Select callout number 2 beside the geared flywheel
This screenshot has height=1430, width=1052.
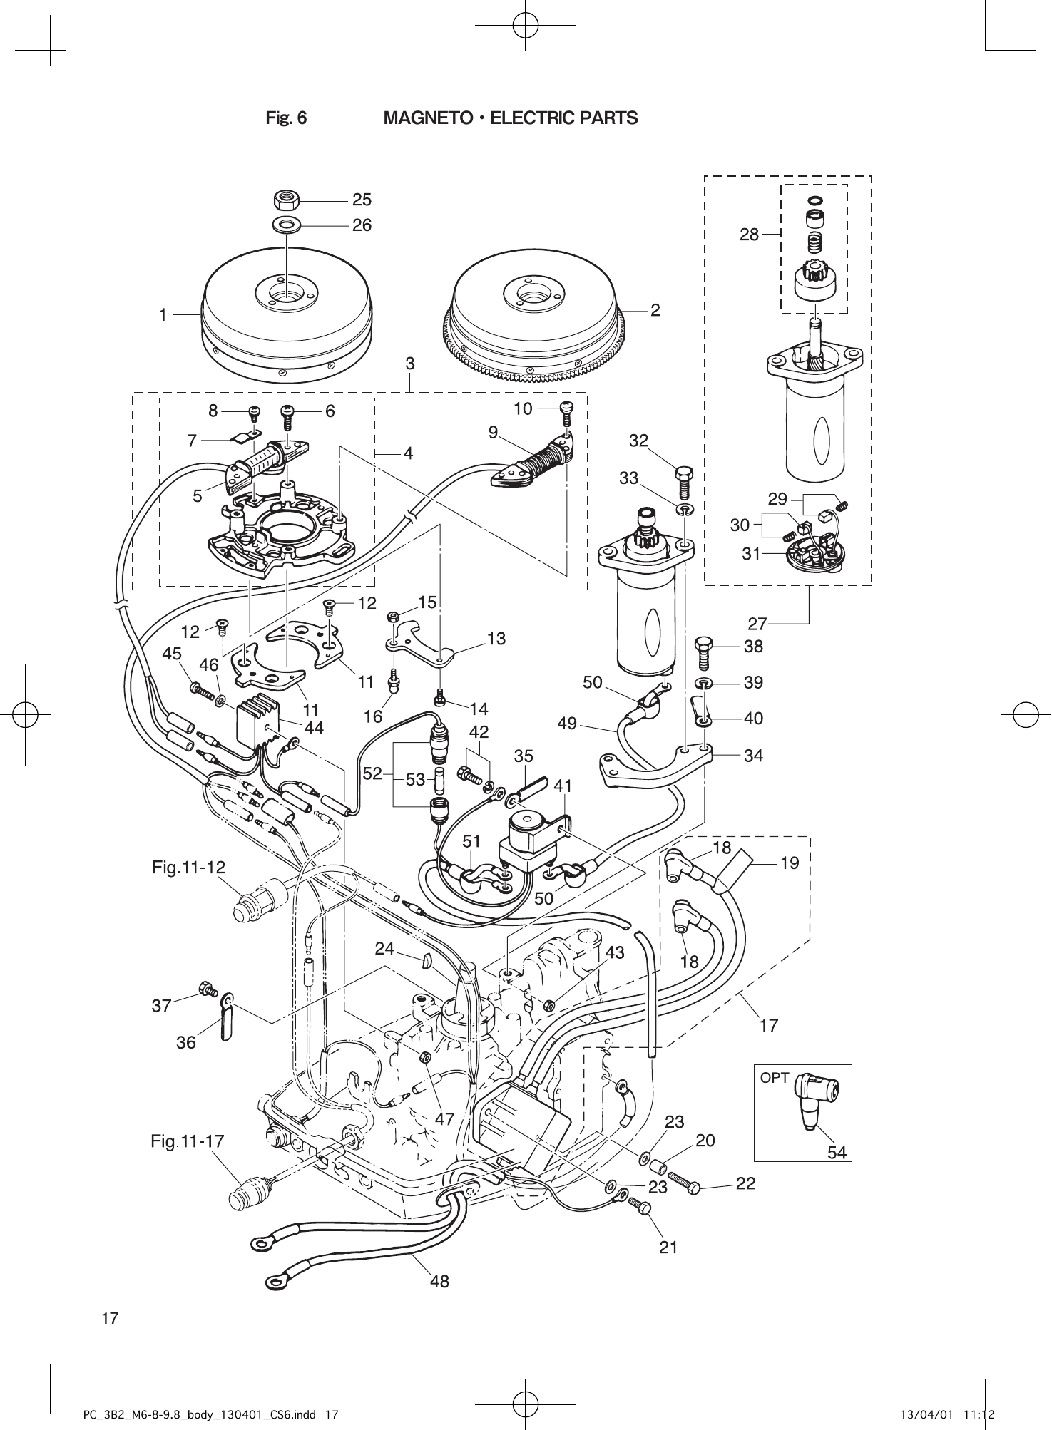click(655, 309)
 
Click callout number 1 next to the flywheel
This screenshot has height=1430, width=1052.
click(163, 314)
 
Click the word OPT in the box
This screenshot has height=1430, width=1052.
click(774, 1078)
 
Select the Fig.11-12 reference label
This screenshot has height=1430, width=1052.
click(188, 868)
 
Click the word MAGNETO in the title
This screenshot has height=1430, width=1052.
click(426, 118)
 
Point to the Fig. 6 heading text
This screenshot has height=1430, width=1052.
click(286, 118)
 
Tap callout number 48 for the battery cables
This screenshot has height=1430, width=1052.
click(439, 1281)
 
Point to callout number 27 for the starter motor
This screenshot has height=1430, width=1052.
click(757, 624)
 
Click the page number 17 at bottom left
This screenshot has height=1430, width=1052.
click(110, 1317)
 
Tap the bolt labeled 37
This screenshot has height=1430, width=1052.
click(208, 989)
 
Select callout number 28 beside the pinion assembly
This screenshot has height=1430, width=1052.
click(749, 234)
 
